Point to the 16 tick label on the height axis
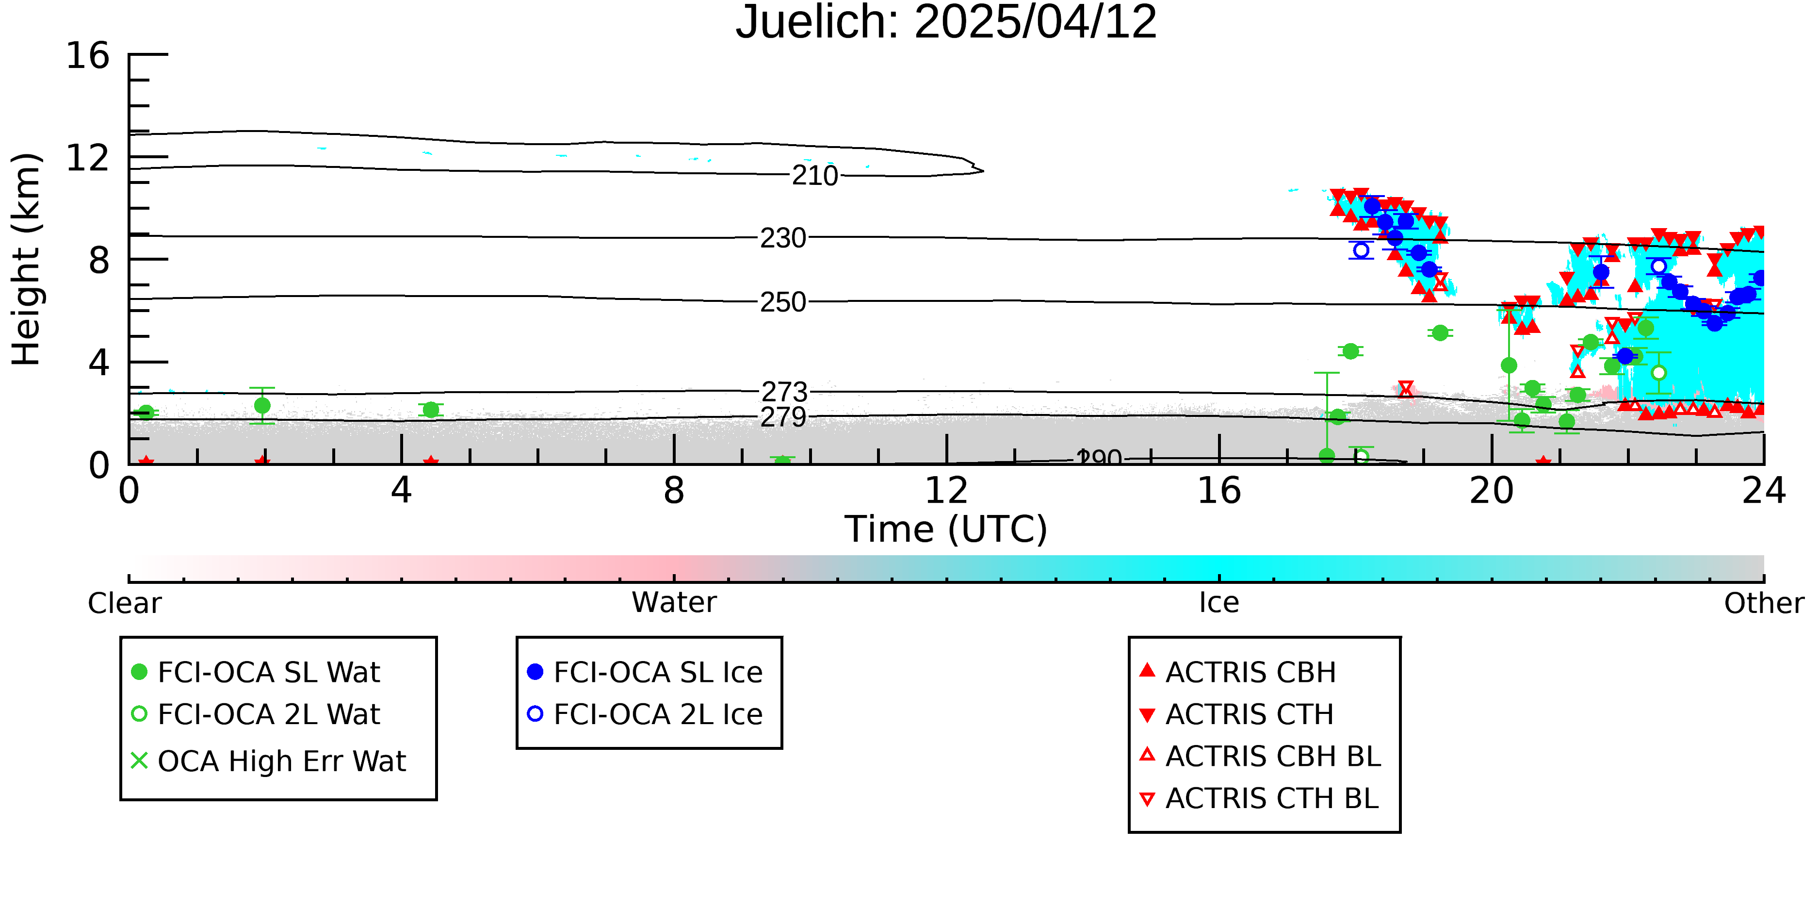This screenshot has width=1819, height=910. [88, 55]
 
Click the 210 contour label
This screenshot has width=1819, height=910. [815, 175]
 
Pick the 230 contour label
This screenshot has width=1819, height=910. [783, 238]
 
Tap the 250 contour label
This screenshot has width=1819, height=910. [783, 302]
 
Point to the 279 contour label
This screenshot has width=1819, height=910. [783, 417]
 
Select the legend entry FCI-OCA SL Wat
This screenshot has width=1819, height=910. [256, 672]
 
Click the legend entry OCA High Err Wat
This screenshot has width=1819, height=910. [268, 761]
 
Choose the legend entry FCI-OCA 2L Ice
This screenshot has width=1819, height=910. [645, 714]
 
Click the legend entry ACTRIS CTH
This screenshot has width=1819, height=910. [1236, 714]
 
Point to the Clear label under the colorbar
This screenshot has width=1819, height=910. [124, 603]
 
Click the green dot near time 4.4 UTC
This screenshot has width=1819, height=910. [431, 410]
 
